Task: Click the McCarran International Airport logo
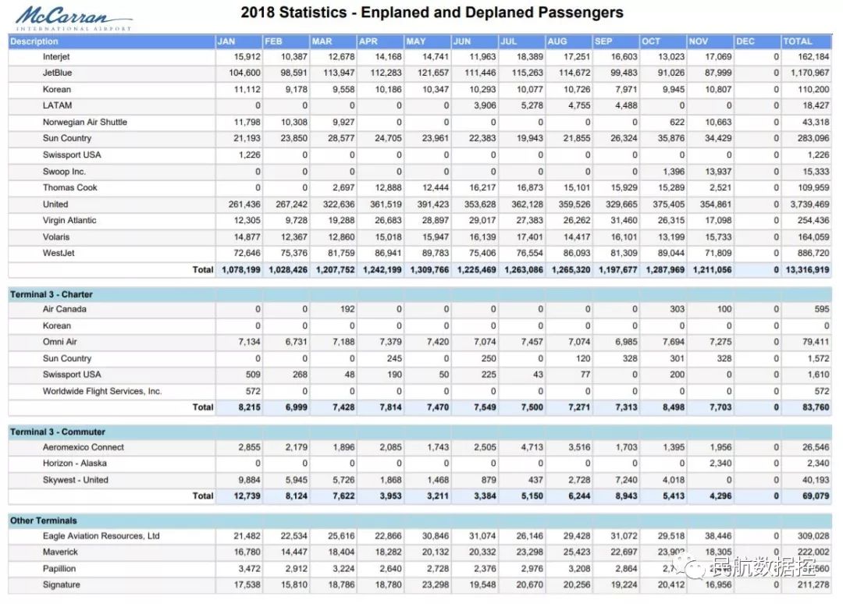coord(72,18)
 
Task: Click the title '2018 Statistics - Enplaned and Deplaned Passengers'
coord(432,12)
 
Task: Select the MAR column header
coord(322,41)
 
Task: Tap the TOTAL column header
coord(798,41)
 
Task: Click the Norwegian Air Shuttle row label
coord(84,122)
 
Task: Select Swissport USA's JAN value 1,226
coord(247,155)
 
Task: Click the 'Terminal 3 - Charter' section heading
coord(51,294)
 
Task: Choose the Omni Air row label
coord(60,342)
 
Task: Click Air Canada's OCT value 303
coord(677,309)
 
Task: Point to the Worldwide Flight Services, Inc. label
coord(101,391)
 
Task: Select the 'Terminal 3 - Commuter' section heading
coord(57,432)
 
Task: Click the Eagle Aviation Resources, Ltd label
coord(101,536)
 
